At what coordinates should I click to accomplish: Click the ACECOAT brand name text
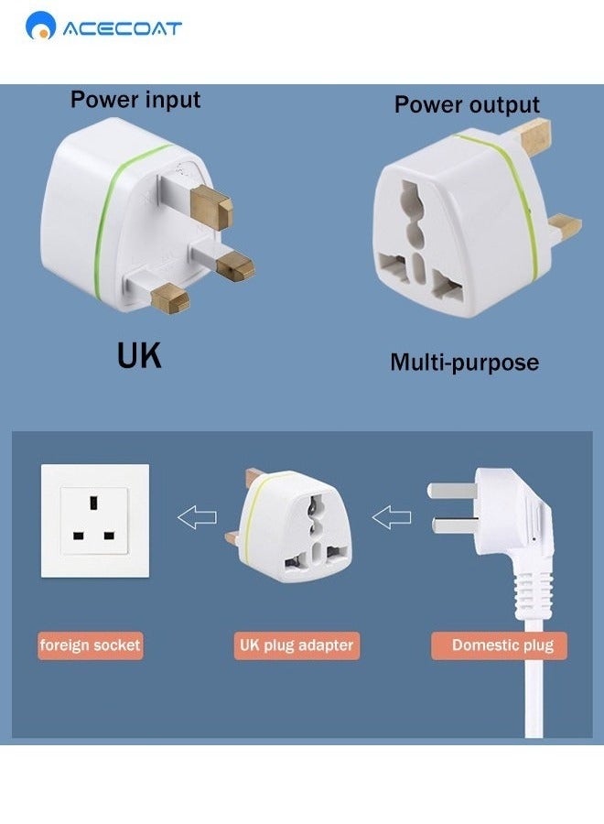pyautogui.click(x=122, y=28)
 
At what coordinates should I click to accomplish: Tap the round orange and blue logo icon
pyautogui.click(x=41, y=27)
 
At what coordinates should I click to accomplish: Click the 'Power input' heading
pyautogui.click(x=135, y=99)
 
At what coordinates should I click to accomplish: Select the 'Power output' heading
pyautogui.click(x=467, y=104)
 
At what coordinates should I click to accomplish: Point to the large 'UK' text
pyautogui.click(x=139, y=355)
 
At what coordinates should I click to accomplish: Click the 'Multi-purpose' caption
pyautogui.click(x=464, y=362)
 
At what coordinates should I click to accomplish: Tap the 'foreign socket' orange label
pyautogui.click(x=90, y=645)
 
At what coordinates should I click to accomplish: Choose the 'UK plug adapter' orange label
pyautogui.click(x=296, y=645)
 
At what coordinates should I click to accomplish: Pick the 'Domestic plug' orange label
pyautogui.click(x=502, y=645)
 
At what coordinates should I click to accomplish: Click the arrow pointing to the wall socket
pyautogui.click(x=197, y=518)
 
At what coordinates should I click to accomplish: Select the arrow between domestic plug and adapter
pyautogui.click(x=392, y=518)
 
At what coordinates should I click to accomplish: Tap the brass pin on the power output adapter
pyautogui.click(x=564, y=222)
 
